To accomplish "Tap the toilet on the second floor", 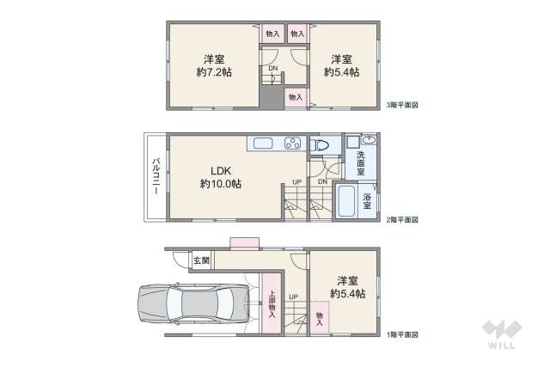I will point(320,145).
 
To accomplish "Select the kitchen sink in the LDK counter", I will point(261,144).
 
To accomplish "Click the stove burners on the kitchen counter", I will point(292,144).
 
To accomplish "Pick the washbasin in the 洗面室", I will point(368,140).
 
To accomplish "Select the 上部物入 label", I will point(272,304).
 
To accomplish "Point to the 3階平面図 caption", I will point(402,104).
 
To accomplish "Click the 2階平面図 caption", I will point(402,219).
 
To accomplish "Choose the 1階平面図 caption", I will point(402,333).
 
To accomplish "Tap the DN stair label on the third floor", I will point(272,68).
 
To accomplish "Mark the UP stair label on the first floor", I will point(293,297).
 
